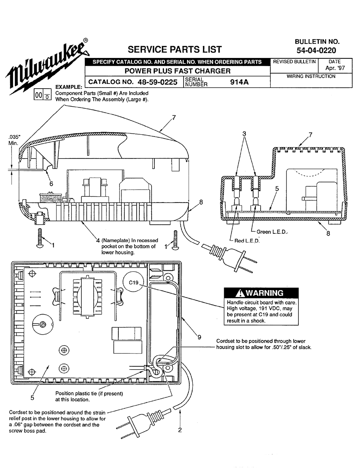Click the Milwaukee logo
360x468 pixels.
48,67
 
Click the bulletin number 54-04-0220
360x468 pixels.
316,50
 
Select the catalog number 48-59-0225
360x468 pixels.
157,82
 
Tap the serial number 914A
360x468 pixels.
239,82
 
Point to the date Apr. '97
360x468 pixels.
335,68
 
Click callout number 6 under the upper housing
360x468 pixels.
51,184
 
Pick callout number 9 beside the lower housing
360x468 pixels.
199,337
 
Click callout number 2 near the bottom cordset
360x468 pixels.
180,430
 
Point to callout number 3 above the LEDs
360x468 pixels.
244,134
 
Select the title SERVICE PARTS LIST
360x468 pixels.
175,49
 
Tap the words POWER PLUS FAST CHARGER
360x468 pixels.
177,71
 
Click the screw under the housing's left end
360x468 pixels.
39,238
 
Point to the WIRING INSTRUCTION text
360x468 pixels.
311,76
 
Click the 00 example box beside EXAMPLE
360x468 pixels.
42,95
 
